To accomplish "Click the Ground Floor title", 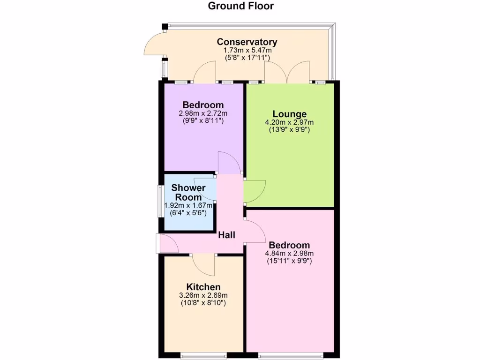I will (x=240, y=6).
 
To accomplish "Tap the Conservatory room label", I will (x=247, y=42).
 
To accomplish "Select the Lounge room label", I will (x=290, y=114).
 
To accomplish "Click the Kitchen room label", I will (x=203, y=287).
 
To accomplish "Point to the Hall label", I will (x=227, y=235).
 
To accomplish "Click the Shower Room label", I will (x=188, y=193).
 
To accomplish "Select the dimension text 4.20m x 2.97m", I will (x=290, y=123).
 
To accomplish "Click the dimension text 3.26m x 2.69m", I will (x=203, y=295).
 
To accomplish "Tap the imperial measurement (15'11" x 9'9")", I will (x=289, y=261).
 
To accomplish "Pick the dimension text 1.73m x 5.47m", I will (x=247, y=50).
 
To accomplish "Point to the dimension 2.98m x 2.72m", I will (x=203, y=113).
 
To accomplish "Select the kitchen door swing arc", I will (x=203, y=265).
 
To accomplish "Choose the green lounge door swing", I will (x=254, y=191).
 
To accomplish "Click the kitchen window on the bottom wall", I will (x=204, y=355).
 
